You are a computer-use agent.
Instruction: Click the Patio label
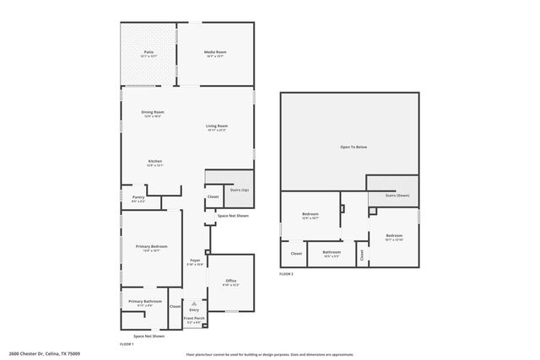coord(148,52)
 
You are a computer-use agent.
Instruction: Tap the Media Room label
coord(215,52)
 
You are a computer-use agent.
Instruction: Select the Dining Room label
coord(153,112)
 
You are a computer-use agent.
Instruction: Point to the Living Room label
coord(217,126)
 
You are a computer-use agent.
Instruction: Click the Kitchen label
coord(155,161)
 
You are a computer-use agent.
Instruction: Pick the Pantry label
coord(138,198)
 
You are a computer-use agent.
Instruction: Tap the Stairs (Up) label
coord(239,191)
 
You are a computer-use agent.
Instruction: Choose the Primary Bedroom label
coord(152,246)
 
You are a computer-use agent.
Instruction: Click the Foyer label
coord(195,261)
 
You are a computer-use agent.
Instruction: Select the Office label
coord(230,281)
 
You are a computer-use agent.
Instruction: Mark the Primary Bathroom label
coord(145,301)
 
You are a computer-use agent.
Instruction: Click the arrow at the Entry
coord(195,303)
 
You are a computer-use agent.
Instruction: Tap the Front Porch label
coord(194,319)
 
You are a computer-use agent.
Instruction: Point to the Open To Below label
coord(354,147)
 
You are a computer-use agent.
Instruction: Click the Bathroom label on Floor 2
coord(332,251)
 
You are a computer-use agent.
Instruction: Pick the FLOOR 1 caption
coord(127,344)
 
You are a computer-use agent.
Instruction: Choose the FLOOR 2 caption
coord(288,274)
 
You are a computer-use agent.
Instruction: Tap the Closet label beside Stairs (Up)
coord(213,197)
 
